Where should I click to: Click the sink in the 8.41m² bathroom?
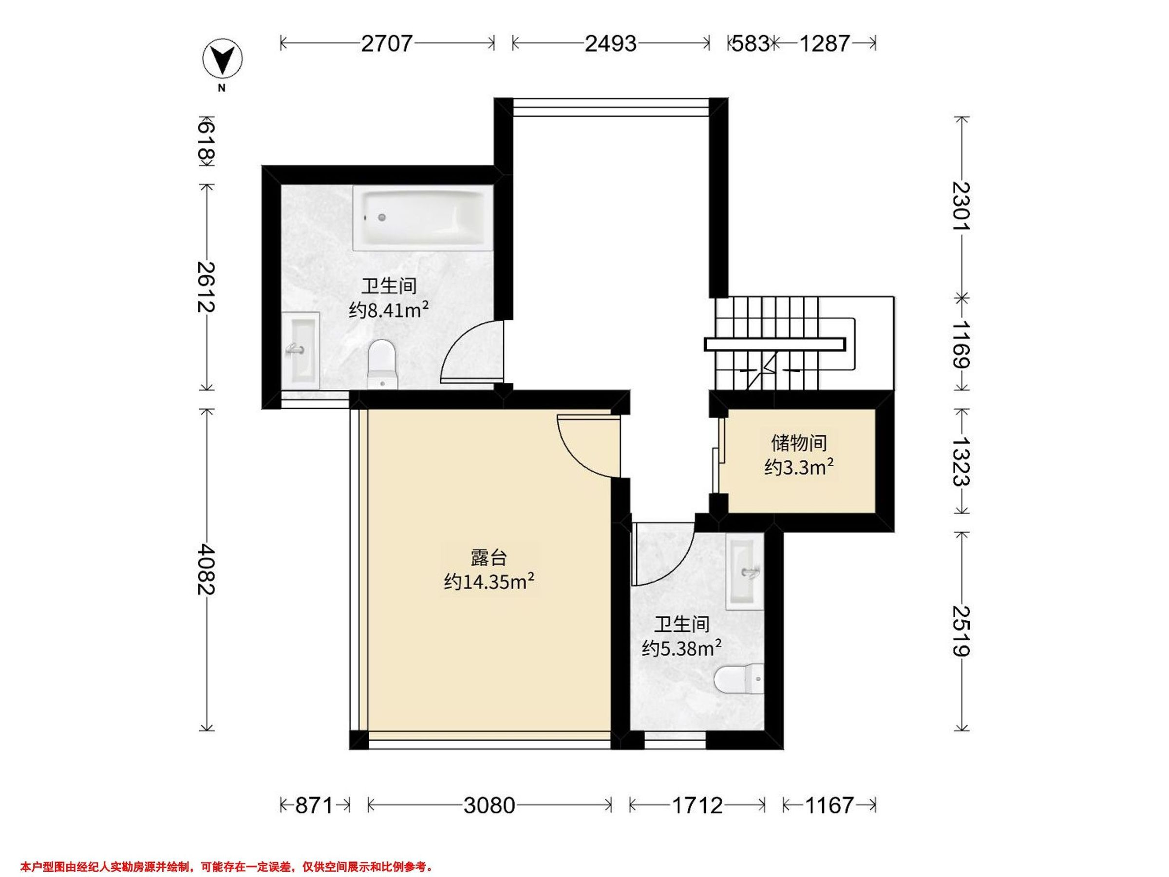point(300,350)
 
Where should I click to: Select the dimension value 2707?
point(386,43)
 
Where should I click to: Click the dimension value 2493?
point(610,43)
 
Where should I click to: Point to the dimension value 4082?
point(206,570)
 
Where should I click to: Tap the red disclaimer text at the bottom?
point(226,866)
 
